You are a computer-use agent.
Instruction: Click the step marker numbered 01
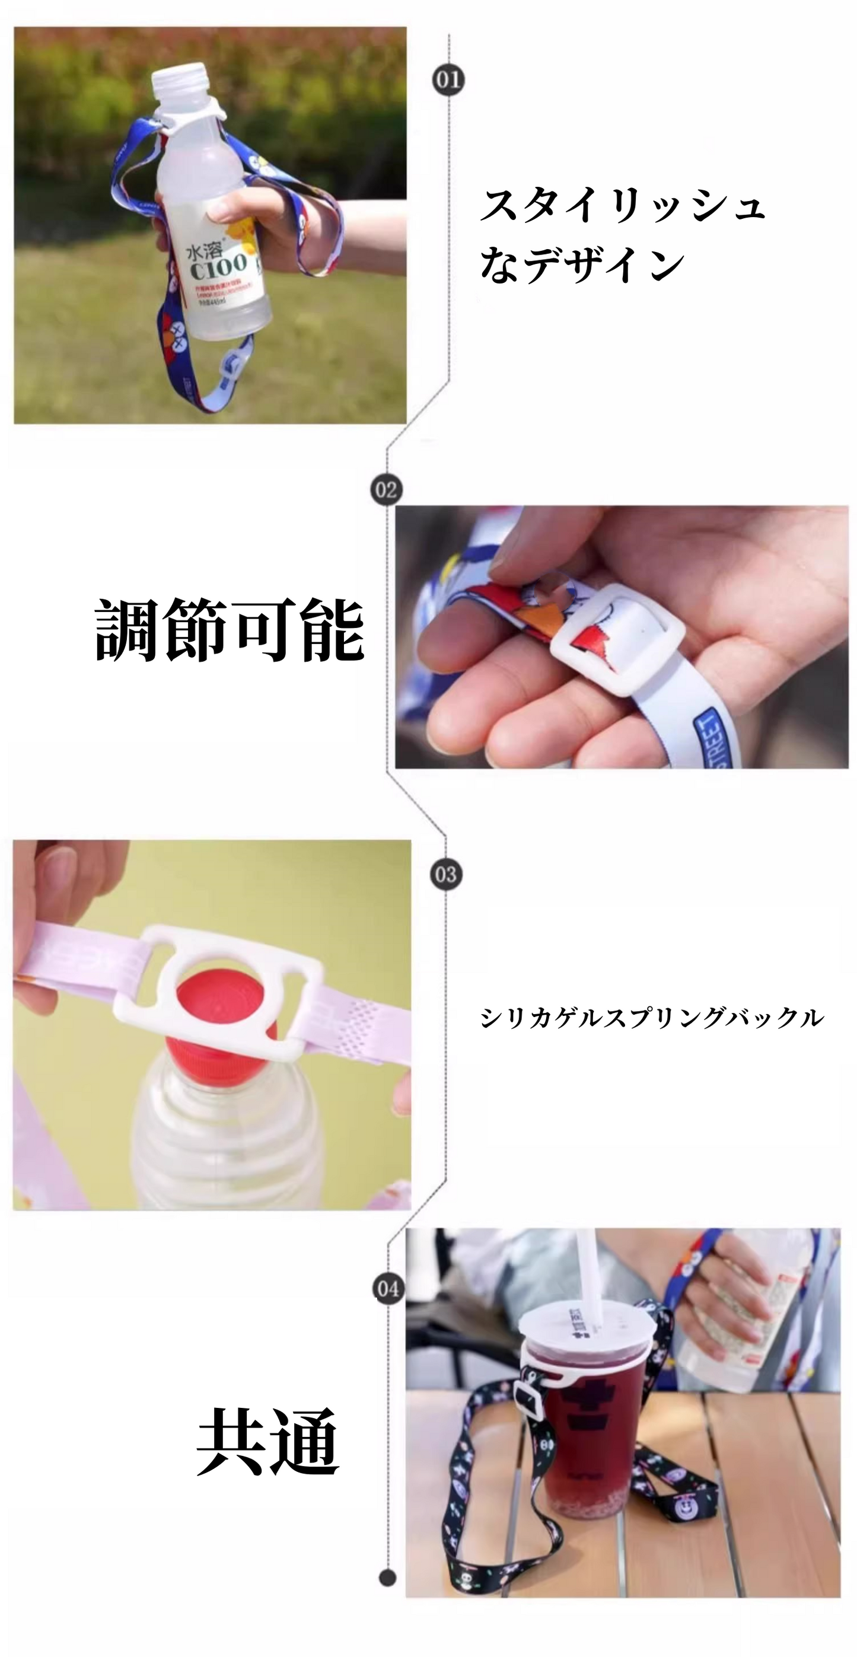click(x=448, y=81)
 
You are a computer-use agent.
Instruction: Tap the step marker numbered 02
click(x=386, y=490)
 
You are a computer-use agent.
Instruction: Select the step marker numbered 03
click(x=446, y=875)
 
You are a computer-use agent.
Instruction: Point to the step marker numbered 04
click(x=388, y=1289)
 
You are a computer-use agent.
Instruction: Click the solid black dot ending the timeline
click(x=387, y=1578)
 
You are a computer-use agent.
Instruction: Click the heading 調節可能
click(x=229, y=630)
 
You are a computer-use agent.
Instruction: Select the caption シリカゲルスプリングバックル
click(x=651, y=1018)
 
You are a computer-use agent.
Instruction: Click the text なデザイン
click(x=582, y=265)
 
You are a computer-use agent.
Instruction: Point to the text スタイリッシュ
click(x=622, y=205)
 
